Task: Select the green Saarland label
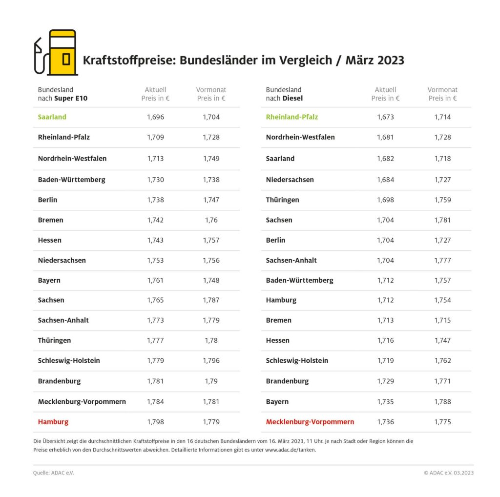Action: pyautogui.click(x=52, y=117)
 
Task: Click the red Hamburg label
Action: pyautogui.click(x=53, y=422)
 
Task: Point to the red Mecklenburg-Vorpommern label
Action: pyautogui.click(x=310, y=422)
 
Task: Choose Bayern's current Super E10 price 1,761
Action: pyautogui.click(x=155, y=281)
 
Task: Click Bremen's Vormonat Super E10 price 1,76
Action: pyautogui.click(x=211, y=220)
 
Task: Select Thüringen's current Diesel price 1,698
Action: pyautogui.click(x=385, y=200)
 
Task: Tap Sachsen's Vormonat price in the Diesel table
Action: pyautogui.click(x=442, y=220)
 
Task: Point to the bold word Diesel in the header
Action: pyautogui.click(x=292, y=98)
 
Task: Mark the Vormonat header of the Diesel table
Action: pyautogui.click(x=442, y=90)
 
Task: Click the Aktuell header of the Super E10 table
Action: pyautogui.click(x=155, y=90)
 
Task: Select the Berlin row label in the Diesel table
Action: pyautogui.click(x=275, y=240)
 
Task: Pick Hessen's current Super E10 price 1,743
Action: pyautogui.click(x=155, y=240)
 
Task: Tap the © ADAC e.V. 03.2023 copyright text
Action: pyautogui.click(x=448, y=473)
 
